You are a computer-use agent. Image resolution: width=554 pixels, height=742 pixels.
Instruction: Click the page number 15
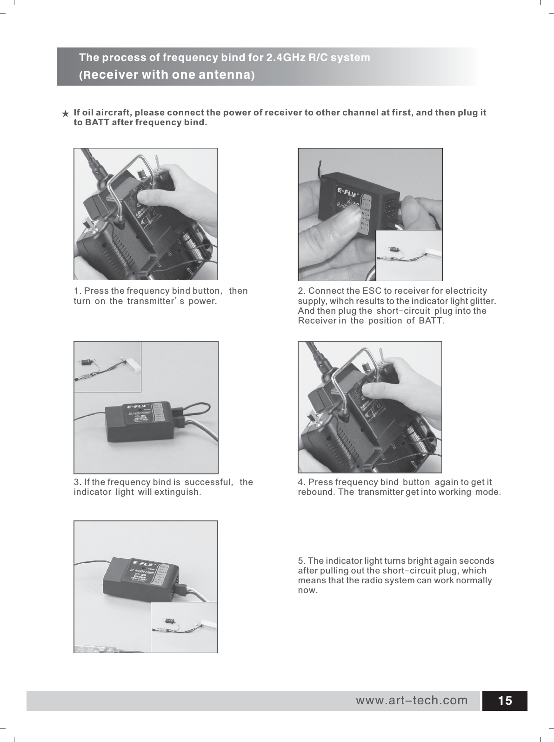pos(505,701)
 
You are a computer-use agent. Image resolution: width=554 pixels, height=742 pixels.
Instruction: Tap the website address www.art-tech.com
pos(412,700)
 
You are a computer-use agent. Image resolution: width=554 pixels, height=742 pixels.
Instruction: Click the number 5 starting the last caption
pos(300,560)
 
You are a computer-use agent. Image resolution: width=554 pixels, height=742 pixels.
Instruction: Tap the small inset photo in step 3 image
pos(107,367)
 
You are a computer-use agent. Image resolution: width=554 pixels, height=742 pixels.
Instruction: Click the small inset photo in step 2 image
pos(408,255)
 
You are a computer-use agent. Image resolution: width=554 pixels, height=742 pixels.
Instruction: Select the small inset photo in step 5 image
pos(184,627)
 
